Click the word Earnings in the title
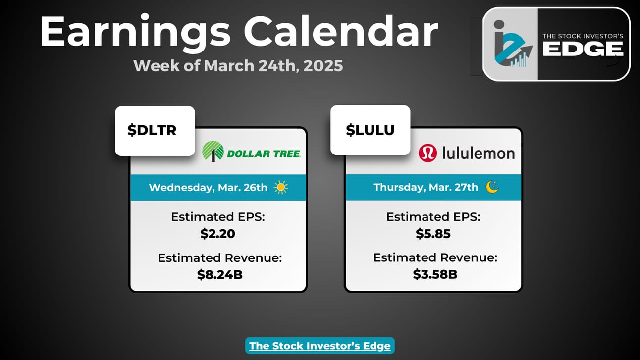[x=135, y=32]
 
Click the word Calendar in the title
[x=341, y=31]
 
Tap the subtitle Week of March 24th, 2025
[x=238, y=66]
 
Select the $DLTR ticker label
[x=152, y=130]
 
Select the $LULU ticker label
[x=370, y=130]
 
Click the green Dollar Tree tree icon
[x=213, y=152]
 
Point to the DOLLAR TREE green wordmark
[x=264, y=154]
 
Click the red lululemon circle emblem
[x=427, y=153]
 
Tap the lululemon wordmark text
[x=479, y=153]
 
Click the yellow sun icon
[x=281, y=188]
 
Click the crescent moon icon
[x=492, y=187]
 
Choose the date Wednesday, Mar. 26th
[x=208, y=188]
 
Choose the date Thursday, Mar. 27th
[x=426, y=188]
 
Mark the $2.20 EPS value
[x=218, y=234]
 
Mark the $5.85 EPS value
[x=433, y=234]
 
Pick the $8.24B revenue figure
[x=220, y=274]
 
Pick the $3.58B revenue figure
[x=435, y=274]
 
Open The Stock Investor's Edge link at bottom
[x=320, y=346]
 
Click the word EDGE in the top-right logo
[x=583, y=49]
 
